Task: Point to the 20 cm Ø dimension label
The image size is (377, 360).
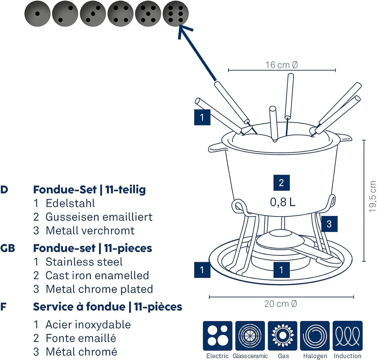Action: click(x=281, y=303)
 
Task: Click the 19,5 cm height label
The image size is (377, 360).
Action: click(x=372, y=196)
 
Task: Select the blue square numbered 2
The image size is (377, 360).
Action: click(x=281, y=183)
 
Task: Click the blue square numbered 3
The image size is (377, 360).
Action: click(x=329, y=224)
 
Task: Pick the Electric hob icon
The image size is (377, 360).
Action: click(x=217, y=336)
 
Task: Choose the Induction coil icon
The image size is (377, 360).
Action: click(x=348, y=336)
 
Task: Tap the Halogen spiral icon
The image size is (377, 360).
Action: click(x=315, y=336)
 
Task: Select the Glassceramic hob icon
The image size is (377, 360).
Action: click(x=250, y=336)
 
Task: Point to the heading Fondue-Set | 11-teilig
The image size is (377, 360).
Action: click(x=89, y=190)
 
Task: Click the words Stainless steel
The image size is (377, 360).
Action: click(x=84, y=262)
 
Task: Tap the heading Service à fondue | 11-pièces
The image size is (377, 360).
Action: click(x=108, y=307)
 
